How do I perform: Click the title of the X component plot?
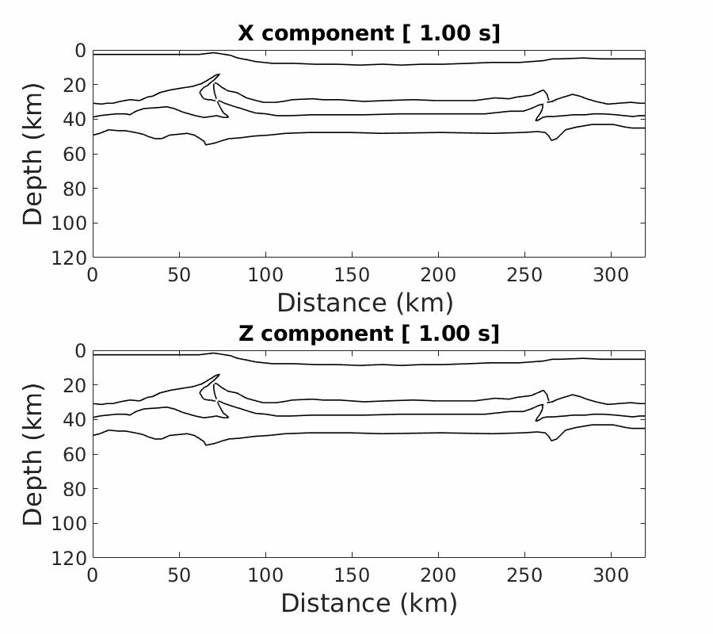tap(368, 33)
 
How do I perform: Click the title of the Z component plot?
tap(368, 334)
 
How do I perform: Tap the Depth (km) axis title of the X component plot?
tap(32, 154)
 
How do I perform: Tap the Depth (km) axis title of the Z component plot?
tap(32, 454)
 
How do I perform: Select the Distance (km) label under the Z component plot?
tap(368, 603)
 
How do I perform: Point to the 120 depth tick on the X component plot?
tap(74, 258)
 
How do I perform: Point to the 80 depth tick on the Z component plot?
tap(78, 489)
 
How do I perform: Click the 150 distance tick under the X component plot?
tap(352, 274)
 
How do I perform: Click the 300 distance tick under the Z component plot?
tap(611, 575)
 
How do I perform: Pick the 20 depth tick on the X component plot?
tap(78, 85)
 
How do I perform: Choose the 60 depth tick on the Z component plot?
tap(78, 454)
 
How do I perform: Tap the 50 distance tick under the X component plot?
tap(179, 274)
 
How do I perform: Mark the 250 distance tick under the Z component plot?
tap(524, 575)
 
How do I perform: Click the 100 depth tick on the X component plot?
tap(74, 223)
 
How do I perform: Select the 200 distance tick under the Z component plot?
tap(438, 575)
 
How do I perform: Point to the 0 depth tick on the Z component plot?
tap(82, 350)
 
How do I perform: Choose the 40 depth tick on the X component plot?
tap(78, 119)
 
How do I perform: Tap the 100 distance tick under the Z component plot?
tap(265, 575)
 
